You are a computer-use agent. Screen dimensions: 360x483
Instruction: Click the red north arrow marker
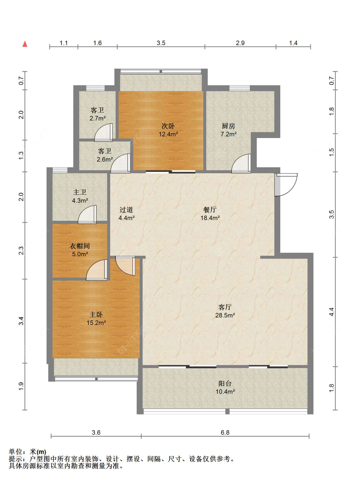pos(25,44)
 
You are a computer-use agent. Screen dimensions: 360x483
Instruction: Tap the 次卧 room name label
pos(168,126)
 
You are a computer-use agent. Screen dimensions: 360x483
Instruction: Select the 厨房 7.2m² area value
pos(228,134)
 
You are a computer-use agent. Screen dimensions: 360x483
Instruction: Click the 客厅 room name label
pos(225,307)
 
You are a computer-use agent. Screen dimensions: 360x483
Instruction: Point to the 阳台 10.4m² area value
pos(225,391)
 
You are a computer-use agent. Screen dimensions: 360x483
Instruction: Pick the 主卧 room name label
pos(96,315)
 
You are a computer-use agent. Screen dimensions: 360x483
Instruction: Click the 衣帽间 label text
pos(80,246)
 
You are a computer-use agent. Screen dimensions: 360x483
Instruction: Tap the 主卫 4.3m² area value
pos(80,201)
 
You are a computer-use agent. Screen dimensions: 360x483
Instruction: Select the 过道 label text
pos(126,210)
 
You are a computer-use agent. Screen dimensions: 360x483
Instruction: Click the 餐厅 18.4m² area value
pos(210,218)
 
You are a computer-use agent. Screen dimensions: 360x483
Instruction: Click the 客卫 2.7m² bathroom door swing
pos(103,133)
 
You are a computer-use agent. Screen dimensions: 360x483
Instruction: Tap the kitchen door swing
pos(241,163)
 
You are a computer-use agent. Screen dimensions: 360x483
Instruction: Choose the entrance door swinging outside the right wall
pos(286,184)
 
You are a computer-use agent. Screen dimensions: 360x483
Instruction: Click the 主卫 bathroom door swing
pos(87,215)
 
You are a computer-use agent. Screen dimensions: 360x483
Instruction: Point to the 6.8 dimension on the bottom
pos(225,432)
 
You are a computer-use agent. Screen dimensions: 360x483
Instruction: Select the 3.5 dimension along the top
pos(161,43)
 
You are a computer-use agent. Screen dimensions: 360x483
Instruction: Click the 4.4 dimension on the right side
pos(332,312)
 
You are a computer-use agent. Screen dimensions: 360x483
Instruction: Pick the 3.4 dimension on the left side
pos(21,321)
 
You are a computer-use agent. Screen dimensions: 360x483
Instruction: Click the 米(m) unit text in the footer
pos(37,452)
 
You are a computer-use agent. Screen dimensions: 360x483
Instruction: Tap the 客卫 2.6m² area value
pos(105,159)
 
